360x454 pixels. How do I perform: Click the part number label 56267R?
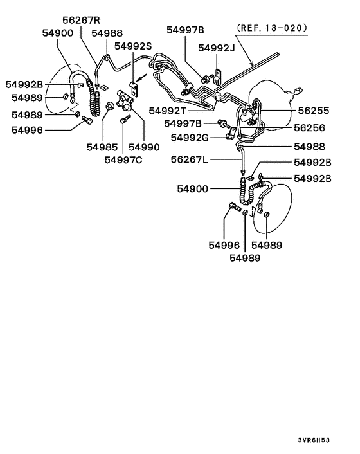81,20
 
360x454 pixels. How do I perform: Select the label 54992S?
133,46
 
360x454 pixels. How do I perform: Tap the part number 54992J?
217,48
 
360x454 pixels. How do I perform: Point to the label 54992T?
171,111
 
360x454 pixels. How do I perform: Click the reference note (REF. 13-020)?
272,28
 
